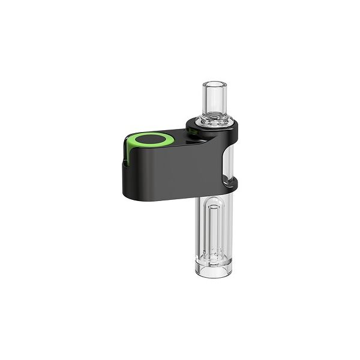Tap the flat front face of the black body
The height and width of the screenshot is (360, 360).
click(x=162, y=177)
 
